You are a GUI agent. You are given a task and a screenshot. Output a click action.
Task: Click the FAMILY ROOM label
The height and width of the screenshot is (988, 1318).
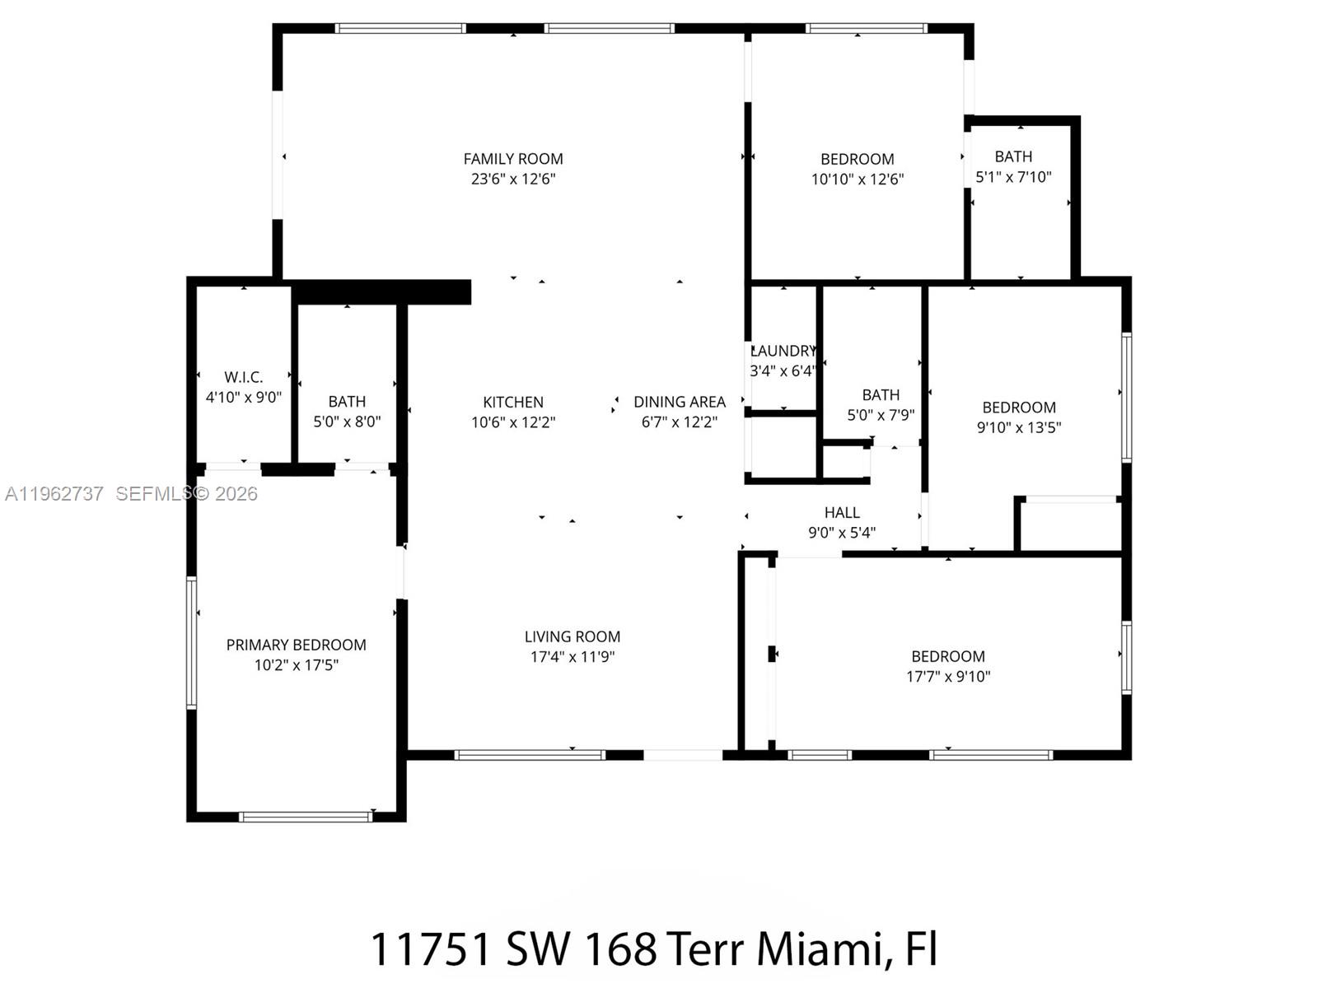512,159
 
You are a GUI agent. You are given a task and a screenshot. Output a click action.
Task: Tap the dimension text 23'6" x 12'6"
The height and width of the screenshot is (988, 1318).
512,179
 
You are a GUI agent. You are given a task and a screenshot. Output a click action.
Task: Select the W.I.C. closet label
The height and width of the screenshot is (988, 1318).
243,377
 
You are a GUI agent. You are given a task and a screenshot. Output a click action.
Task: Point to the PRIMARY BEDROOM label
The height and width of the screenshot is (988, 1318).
296,645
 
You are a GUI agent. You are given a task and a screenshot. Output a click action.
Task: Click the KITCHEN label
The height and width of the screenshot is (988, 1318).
512,402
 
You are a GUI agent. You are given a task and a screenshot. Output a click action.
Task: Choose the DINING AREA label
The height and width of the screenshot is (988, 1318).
679,402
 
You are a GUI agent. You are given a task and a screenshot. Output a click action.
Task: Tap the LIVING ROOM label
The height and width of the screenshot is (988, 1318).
572,636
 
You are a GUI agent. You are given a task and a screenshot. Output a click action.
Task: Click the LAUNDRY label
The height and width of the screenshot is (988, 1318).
783,351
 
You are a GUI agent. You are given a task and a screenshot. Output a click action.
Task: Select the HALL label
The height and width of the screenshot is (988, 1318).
842,512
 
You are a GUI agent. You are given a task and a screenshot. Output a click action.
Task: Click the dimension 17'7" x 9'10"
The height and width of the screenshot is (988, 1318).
947,676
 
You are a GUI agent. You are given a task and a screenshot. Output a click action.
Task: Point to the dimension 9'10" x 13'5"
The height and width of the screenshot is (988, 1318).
1018,427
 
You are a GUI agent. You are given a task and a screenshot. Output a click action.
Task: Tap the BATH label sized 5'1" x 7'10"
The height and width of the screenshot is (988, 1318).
1012,156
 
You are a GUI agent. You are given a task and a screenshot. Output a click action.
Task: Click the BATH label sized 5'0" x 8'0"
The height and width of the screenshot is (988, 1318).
346,402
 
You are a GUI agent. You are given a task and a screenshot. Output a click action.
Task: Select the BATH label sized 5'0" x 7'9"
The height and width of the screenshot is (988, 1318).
881,395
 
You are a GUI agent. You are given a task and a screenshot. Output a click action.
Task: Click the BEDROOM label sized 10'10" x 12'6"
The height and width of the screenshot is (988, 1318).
857,159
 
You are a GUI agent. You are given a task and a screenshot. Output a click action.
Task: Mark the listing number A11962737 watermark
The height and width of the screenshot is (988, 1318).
54,493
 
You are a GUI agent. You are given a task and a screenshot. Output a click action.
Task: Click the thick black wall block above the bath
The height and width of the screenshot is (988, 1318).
381,291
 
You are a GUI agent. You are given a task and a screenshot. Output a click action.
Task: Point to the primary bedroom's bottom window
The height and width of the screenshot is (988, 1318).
306,817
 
